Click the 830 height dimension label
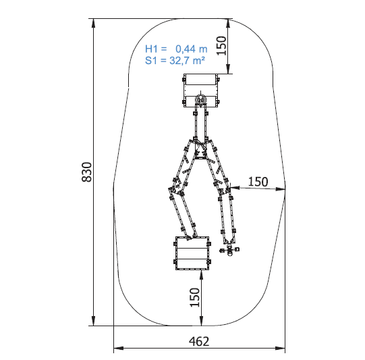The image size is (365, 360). (x=87, y=172)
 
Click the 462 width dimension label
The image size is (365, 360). (x=199, y=342)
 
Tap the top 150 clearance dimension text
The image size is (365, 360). (x=221, y=46)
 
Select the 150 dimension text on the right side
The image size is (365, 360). (x=258, y=182)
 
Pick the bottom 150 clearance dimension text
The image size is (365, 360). (x=195, y=297)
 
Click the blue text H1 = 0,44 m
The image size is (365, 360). (x=176, y=49)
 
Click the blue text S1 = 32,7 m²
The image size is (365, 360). (x=175, y=61)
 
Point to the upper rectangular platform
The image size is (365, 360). (x=200, y=91)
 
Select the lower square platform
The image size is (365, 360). (x=192, y=253)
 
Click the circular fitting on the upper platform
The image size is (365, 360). (x=200, y=99)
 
